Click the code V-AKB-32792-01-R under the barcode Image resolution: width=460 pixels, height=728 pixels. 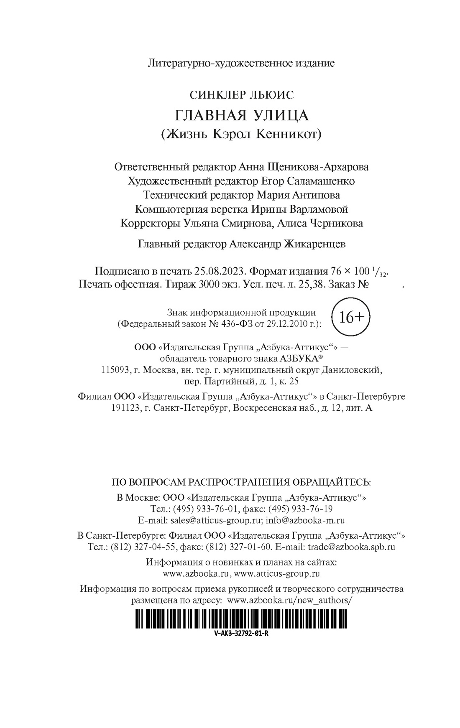(241, 633)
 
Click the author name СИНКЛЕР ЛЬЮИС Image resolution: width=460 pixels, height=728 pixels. (241, 95)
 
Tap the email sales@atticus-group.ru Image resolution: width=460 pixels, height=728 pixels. (215, 520)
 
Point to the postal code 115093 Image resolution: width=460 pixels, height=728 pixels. (115, 370)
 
